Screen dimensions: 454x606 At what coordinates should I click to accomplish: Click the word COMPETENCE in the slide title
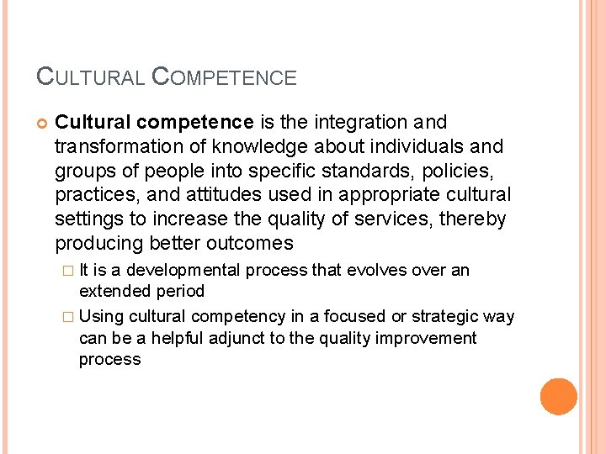[224, 77]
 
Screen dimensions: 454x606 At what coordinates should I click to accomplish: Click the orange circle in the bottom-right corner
[559, 397]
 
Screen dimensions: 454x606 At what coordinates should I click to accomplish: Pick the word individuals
[410, 147]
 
